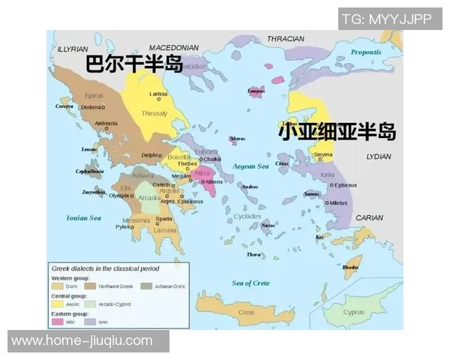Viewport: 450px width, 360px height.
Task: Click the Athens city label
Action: click(x=214, y=181)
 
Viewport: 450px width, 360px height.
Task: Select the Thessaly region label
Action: click(x=154, y=113)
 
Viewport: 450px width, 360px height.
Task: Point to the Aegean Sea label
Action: click(x=250, y=166)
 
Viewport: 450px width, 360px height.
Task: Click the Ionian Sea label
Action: click(x=83, y=218)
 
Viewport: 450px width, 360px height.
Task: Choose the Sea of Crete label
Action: click(x=250, y=282)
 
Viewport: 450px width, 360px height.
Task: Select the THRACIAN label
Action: click(x=286, y=38)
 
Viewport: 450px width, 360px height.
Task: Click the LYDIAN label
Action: click(x=378, y=157)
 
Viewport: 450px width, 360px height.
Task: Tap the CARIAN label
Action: click(x=369, y=217)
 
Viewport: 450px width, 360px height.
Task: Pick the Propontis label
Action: click(x=366, y=52)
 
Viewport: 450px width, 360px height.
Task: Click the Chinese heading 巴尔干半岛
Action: click(x=135, y=64)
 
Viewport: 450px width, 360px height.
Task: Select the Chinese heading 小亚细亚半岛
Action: click(x=337, y=132)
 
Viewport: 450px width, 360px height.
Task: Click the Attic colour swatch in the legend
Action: click(x=57, y=321)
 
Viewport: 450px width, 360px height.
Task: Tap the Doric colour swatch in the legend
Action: click(x=57, y=286)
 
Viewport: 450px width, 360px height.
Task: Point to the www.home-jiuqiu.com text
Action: click(x=82, y=340)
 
